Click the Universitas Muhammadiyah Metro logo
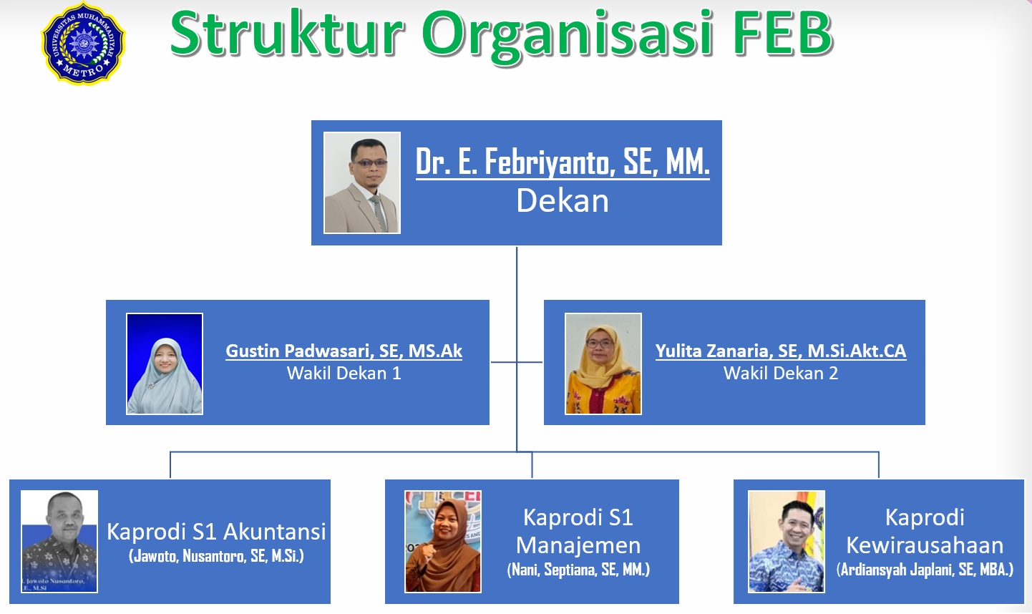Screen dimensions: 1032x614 [83, 44]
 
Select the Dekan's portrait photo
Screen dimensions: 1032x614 [362, 183]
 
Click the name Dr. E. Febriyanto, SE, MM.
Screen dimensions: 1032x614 [563, 162]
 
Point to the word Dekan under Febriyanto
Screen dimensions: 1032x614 [563, 201]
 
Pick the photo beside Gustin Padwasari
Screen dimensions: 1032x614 [165, 364]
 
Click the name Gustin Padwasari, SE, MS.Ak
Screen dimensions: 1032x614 [344, 351]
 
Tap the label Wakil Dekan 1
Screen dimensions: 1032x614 [344, 373]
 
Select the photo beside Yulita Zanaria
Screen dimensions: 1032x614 [603, 364]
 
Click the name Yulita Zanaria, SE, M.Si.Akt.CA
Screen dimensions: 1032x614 [781, 351]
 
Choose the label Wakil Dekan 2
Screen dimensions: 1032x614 [781, 373]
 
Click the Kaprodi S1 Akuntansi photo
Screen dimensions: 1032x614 [59, 541]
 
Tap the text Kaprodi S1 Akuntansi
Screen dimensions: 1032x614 [216, 532]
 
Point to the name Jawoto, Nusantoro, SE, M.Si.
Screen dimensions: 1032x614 [216, 556]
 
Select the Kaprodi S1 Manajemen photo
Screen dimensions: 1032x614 [443, 541]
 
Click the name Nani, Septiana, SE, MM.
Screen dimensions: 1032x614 [578, 570]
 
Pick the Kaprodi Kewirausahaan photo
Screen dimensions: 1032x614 [787, 541]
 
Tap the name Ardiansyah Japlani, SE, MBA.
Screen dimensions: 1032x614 [925, 570]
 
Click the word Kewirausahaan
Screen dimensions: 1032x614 [925, 545]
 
